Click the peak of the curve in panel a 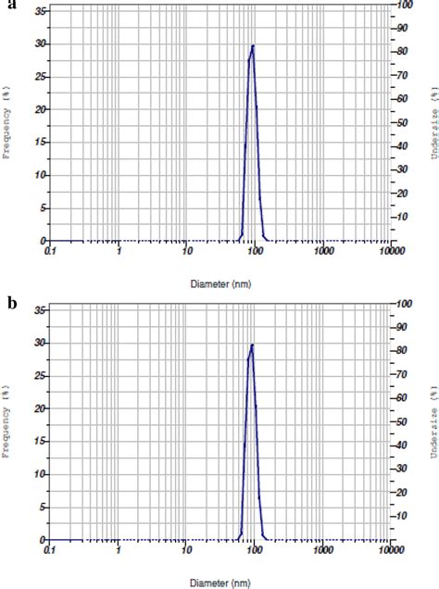252,46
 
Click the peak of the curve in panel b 252,345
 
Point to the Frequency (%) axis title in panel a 8,119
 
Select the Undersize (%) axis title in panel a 432,119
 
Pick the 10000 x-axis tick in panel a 391,251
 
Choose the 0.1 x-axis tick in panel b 51,550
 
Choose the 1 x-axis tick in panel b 119,550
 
